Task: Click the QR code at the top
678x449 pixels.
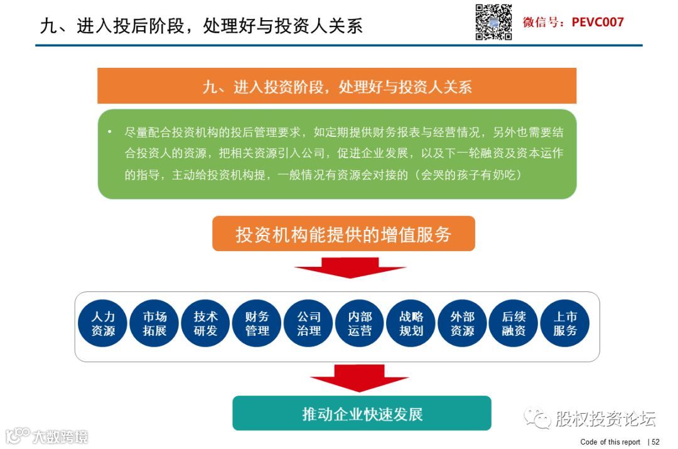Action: point(493,23)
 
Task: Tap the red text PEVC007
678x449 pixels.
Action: point(598,23)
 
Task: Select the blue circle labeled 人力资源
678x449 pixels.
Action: point(103,323)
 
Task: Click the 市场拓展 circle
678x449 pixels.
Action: point(154,323)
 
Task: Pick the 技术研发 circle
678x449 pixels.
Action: point(205,323)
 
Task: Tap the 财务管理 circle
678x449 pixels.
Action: point(257,323)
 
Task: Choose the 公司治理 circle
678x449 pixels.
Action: point(308,323)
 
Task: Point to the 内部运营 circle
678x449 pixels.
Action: point(360,323)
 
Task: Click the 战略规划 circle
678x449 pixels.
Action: point(411,323)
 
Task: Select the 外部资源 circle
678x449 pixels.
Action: point(462,323)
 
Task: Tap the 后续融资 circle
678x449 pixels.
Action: point(514,323)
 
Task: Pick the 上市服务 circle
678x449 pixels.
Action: point(565,323)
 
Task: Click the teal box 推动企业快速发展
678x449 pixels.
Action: point(362,413)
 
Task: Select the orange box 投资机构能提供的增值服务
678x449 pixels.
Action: point(343,234)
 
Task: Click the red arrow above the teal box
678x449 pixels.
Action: point(359,378)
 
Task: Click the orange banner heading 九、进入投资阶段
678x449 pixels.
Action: point(336,87)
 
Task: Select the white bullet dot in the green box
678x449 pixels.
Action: point(109,132)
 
